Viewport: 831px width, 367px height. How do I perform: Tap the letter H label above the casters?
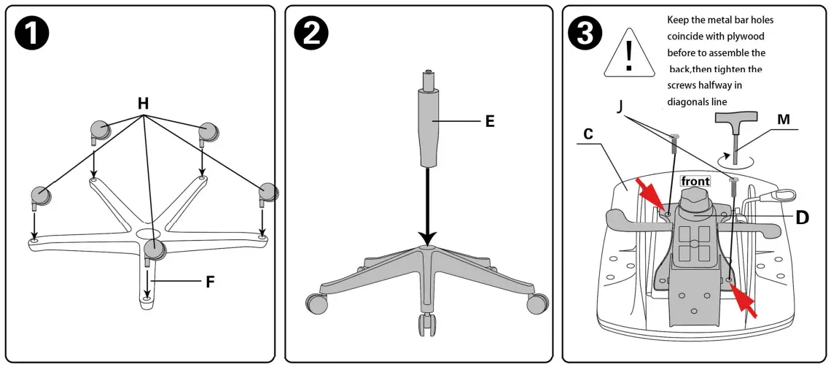click(144, 104)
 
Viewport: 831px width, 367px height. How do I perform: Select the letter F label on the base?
click(209, 281)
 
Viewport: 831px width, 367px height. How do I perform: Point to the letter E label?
click(490, 120)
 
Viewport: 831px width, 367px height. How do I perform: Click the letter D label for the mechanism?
click(802, 217)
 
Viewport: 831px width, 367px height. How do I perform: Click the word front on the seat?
click(695, 181)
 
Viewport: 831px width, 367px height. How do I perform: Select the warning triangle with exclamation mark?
click(629, 53)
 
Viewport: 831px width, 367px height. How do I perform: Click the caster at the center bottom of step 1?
click(155, 250)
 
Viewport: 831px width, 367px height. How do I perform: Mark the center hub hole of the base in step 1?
click(145, 233)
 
